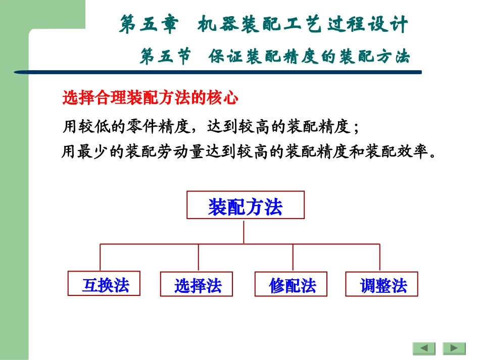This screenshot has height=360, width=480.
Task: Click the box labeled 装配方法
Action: click(246, 205)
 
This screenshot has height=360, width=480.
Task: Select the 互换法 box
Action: click(104, 284)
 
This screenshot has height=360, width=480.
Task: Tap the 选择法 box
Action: click(198, 284)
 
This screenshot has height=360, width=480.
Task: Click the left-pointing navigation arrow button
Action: click(424, 348)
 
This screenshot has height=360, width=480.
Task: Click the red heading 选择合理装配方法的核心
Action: click(150, 98)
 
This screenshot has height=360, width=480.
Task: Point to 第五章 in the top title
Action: click(149, 25)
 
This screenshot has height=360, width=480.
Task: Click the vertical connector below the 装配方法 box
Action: click(244, 231)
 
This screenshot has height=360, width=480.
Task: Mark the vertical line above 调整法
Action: click(380, 258)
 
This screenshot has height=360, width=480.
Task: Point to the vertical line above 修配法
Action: click(293, 258)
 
